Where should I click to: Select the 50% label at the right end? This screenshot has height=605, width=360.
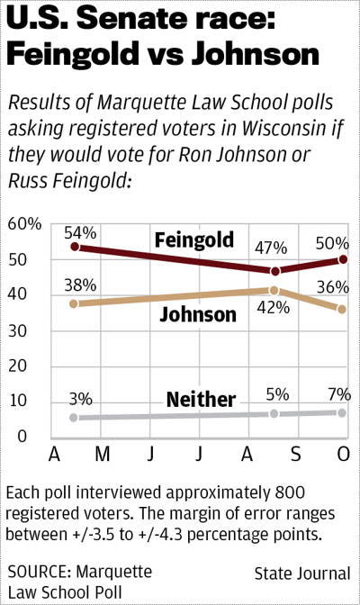click(x=331, y=244)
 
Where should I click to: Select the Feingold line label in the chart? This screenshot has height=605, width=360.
click(x=193, y=239)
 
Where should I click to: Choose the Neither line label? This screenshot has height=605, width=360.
click(x=201, y=399)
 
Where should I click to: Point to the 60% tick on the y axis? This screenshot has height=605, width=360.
click(x=25, y=223)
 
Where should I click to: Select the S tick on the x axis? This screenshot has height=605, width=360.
click(x=293, y=452)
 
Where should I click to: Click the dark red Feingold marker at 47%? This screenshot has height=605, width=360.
click(x=275, y=271)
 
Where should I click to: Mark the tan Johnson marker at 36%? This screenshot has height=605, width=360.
click(x=341, y=309)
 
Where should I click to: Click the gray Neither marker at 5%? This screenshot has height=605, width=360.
click(x=275, y=413)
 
